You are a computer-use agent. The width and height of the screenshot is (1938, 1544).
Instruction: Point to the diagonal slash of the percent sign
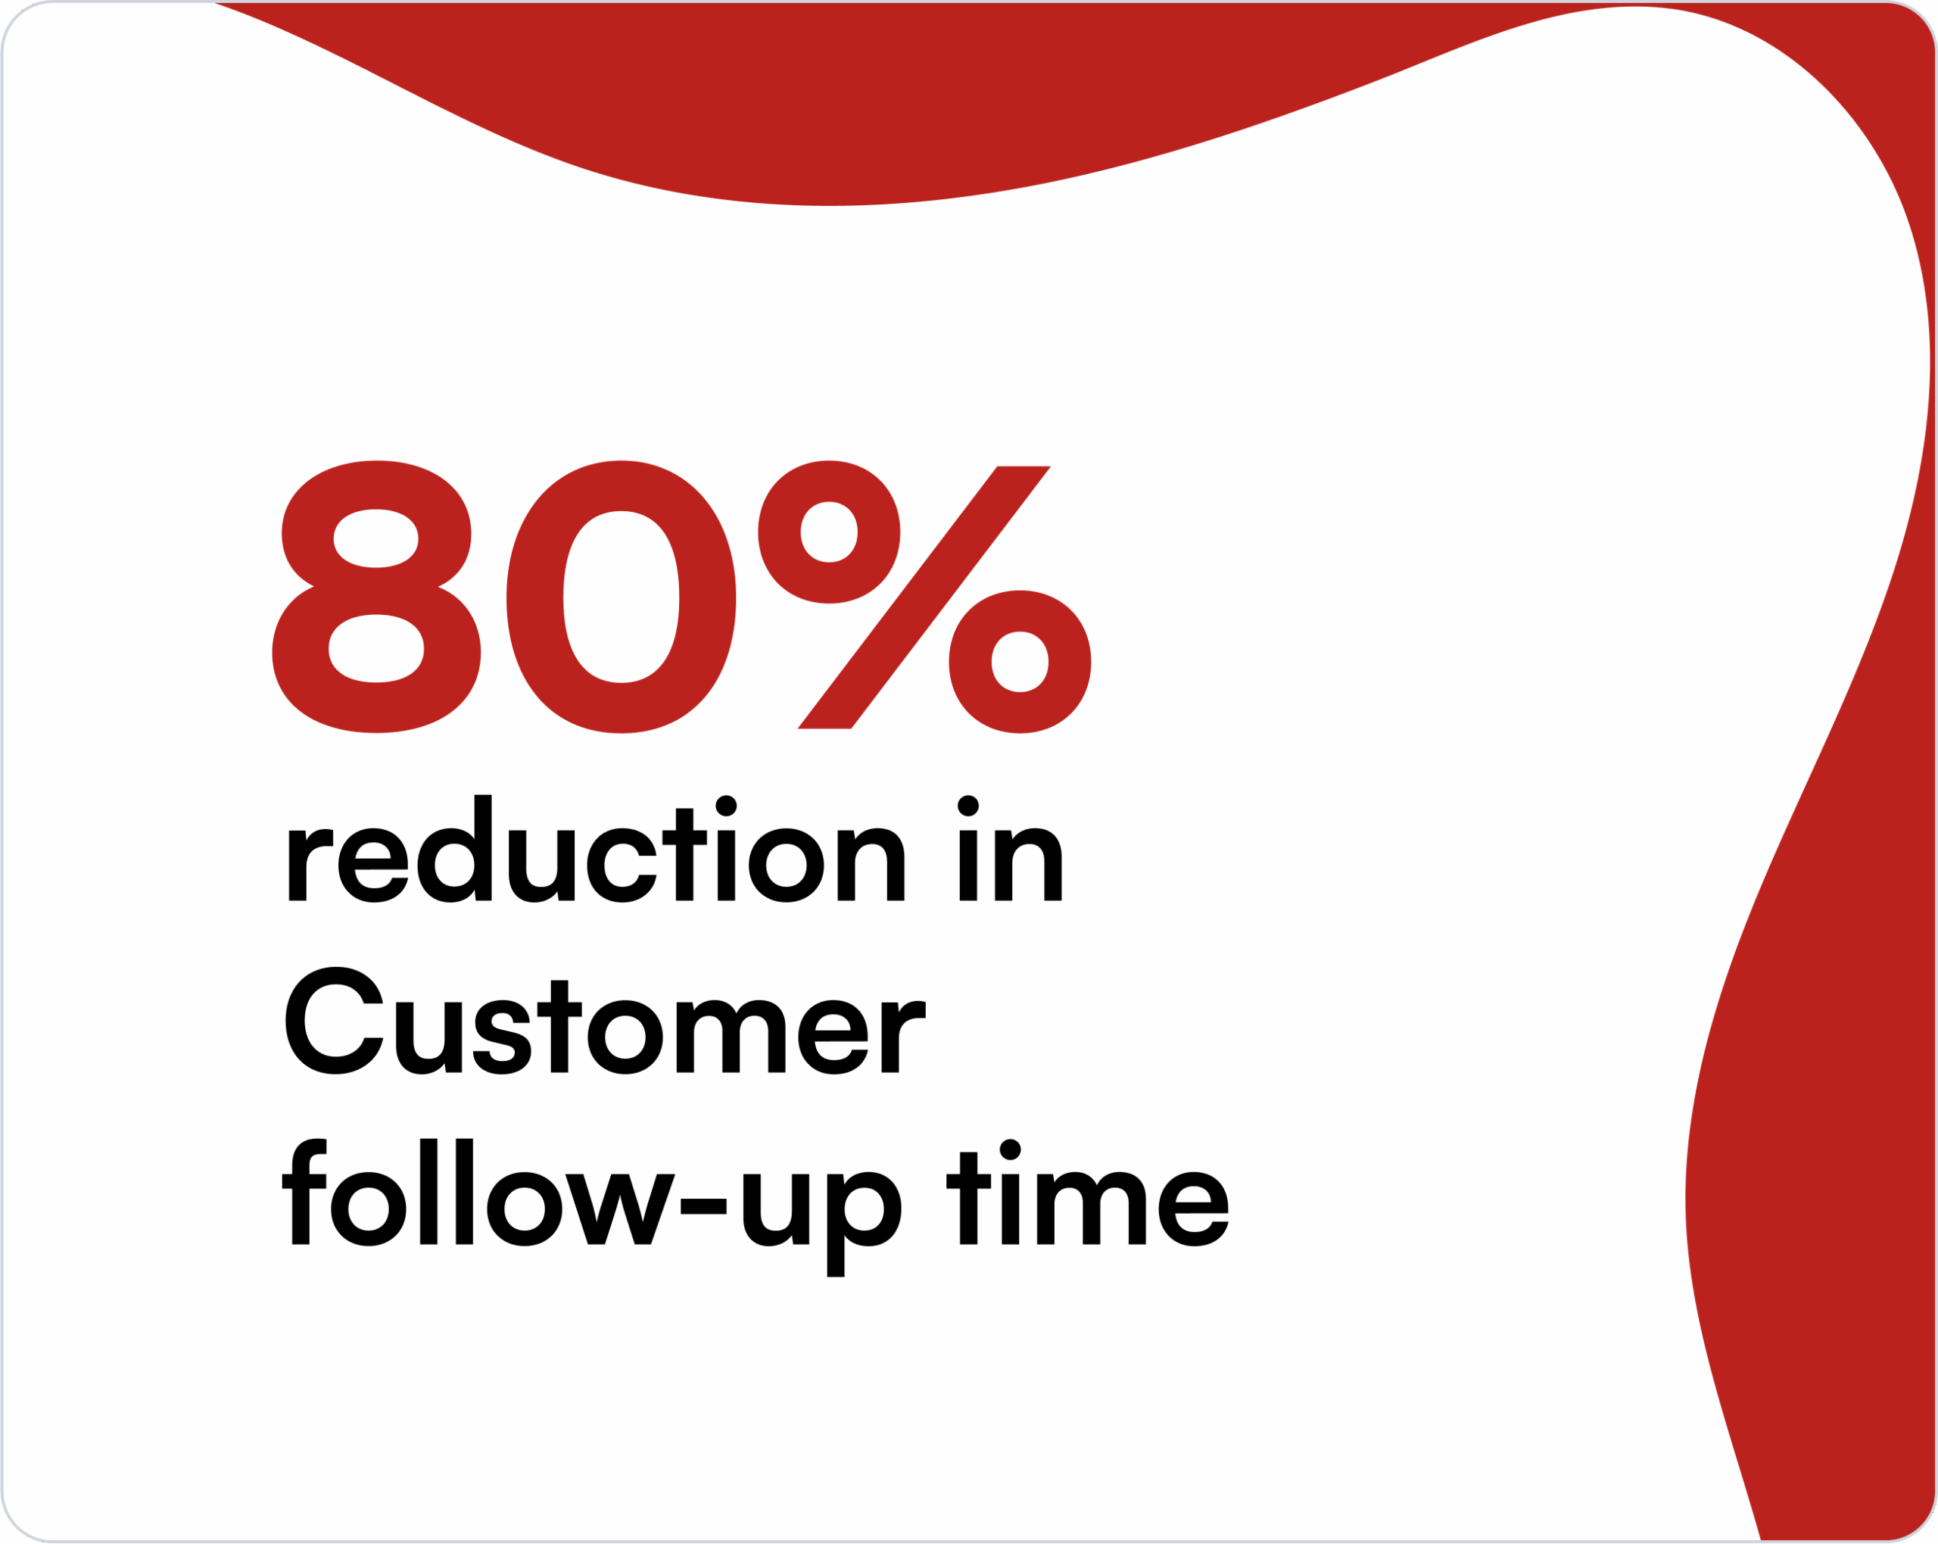point(924,597)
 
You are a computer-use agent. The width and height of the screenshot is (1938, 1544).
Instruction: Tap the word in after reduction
point(1011,849)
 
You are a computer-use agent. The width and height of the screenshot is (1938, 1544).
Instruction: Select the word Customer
point(605,1021)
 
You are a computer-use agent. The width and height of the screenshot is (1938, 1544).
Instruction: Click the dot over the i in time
point(1011,1149)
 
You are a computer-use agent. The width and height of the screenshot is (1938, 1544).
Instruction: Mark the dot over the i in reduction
point(726,806)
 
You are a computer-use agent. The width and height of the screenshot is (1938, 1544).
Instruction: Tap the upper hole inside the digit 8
point(375,538)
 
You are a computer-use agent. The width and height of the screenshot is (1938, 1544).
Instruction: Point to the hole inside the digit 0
point(621,597)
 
